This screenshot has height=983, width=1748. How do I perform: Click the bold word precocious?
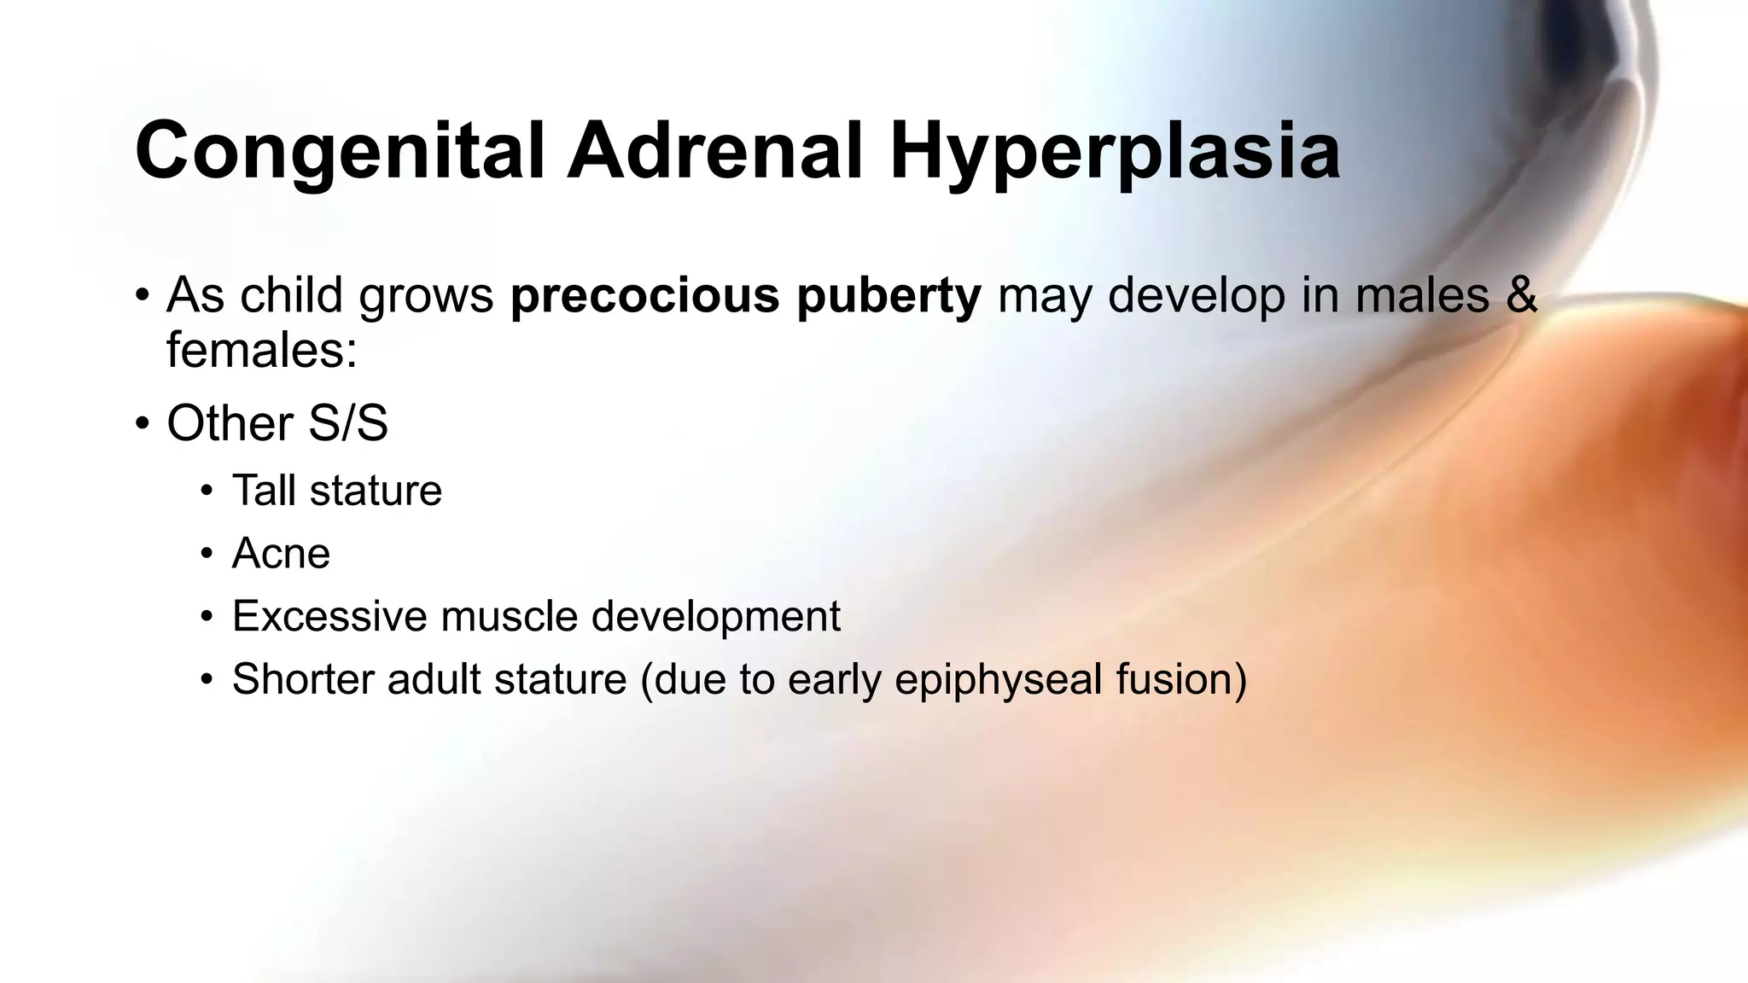pos(645,296)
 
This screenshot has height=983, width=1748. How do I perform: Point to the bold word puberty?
pos(889,296)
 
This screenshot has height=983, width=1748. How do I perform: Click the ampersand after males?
pos(1520,296)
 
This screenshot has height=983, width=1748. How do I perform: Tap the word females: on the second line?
pos(261,350)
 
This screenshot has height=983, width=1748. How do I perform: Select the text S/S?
pos(347,423)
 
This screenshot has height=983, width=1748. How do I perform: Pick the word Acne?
pos(281,554)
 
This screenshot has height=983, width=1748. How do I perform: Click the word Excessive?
pos(329,616)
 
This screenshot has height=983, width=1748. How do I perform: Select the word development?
pos(715,616)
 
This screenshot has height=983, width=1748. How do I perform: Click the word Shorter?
pos(302,679)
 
